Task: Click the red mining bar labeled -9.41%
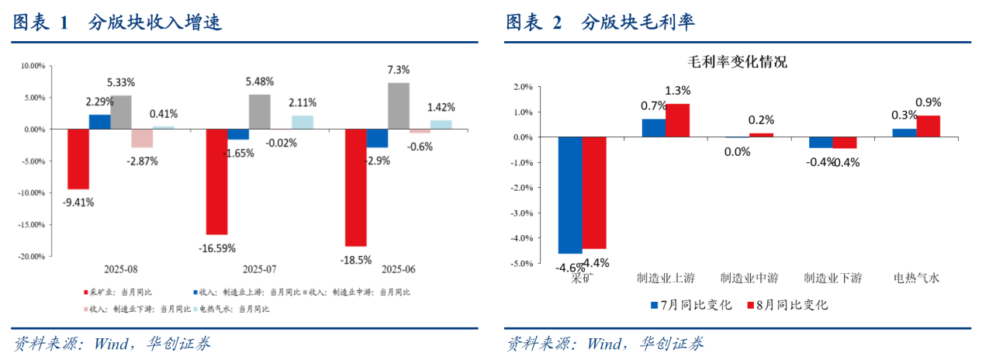[x=78, y=159]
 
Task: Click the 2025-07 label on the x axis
[x=260, y=269]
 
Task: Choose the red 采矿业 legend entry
[x=117, y=292]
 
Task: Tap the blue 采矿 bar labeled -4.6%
[x=570, y=195]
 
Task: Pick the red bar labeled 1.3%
[x=677, y=120]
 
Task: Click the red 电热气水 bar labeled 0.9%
[x=928, y=126]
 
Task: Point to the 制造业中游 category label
[x=749, y=278]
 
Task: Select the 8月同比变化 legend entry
[x=787, y=305]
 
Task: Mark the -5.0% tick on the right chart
[x=521, y=264]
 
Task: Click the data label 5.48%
[x=259, y=81]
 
